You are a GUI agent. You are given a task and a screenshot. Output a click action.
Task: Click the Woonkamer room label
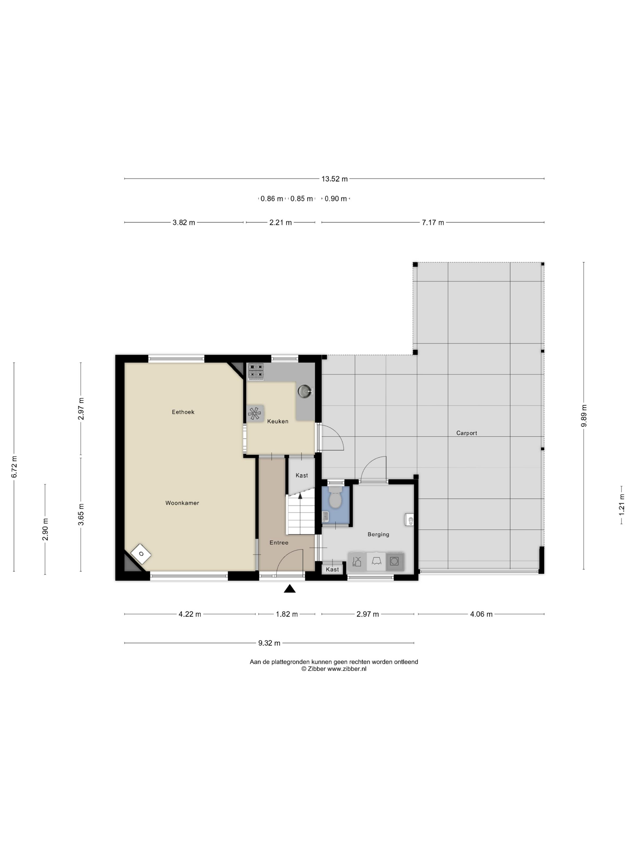(x=182, y=503)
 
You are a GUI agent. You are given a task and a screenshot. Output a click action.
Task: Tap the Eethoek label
(x=183, y=412)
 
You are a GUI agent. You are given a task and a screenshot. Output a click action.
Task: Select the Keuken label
(x=278, y=421)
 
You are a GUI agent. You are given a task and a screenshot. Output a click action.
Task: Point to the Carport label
(x=467, y=433)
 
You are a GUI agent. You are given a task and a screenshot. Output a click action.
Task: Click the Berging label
(x=378, y=535)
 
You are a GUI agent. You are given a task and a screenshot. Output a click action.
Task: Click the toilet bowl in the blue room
(x=335, y=498)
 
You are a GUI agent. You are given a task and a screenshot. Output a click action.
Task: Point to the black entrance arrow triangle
(x=290, y=589)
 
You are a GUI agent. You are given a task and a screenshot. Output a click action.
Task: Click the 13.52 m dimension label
(x=334, y=179)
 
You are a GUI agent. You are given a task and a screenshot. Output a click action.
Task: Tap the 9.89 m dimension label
(x=584, y=415)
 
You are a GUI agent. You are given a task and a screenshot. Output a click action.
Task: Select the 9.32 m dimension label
(x=269, y=643)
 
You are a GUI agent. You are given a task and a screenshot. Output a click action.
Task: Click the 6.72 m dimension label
(x=14, y=467)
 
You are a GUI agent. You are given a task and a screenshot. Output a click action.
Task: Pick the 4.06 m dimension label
(x=481, y=614)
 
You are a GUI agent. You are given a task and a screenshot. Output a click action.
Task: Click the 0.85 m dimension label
(x=301, y=199)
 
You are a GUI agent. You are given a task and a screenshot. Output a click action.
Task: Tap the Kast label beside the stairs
(x=301, y=476)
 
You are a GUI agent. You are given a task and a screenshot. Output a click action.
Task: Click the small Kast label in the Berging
(x=332, y=569)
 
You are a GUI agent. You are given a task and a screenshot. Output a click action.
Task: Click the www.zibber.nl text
(x=347, y=669)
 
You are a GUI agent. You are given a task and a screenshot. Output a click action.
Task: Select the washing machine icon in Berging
(x=395, y=561)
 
